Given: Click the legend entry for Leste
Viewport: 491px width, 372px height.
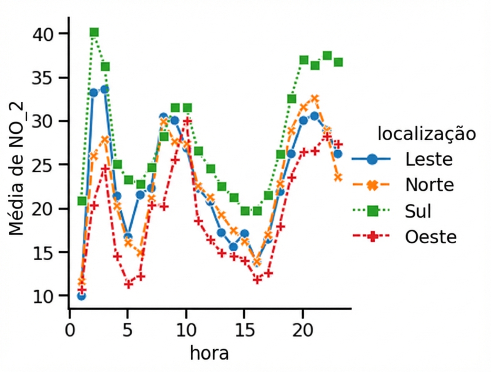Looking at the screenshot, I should click(428, 159).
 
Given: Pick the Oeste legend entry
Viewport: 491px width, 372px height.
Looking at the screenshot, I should click(431, 237).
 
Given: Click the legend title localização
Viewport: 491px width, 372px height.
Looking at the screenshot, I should click(426, 135).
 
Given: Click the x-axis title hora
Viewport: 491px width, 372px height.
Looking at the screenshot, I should click(209, 353).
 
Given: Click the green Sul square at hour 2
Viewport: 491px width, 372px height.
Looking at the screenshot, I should click(94, 32).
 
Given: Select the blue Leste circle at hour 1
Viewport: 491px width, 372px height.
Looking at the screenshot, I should click(82, 296).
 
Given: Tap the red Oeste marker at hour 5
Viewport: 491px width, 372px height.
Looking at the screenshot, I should click(129, 284).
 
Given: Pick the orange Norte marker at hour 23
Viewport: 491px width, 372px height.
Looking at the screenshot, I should click(338, 177).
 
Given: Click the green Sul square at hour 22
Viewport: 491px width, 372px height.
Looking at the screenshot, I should click(327, 56).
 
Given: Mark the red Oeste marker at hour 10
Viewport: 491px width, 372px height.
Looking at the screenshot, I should click(187, 121).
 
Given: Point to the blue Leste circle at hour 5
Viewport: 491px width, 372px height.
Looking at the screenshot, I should click(129, 237).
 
